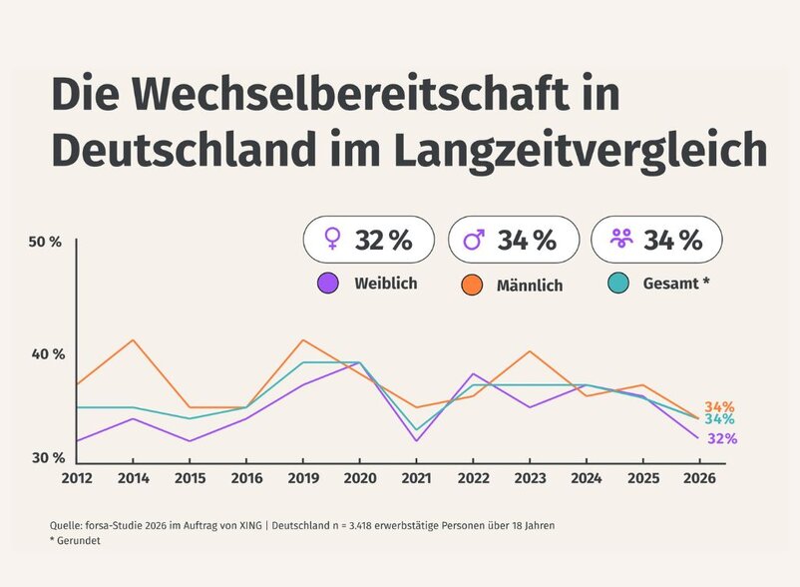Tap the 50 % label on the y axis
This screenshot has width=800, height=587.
pyautogui.click(x=46, y=243)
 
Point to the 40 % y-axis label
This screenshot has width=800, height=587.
pyautogui.click(x=46, y=354)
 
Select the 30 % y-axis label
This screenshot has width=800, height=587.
pyautogui.click(x=46, y=457)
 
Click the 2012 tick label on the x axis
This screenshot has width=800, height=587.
pyautogui.click(x=77, y=478)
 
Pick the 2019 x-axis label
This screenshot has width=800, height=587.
pyautogui.click(x=303, y=478)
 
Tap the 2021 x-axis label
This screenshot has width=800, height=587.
pyautogui.click(x=417, y=478)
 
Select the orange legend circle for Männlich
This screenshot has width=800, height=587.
pyautogui.click(x=473, y=285)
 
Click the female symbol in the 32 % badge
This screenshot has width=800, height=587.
pyautogui.click(x=332, y=240)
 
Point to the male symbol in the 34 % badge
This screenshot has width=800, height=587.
pyautogui.click(x=475, y=240)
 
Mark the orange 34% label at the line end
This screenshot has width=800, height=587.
pyautogui.click(x=719, y=406)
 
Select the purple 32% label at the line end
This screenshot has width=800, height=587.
pyautogui.click(x=722, y=438)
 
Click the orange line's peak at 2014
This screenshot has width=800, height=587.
pyautogui.click(x=134, y=340)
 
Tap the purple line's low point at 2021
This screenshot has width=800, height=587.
pyautogui.click(x=417, y=441)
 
